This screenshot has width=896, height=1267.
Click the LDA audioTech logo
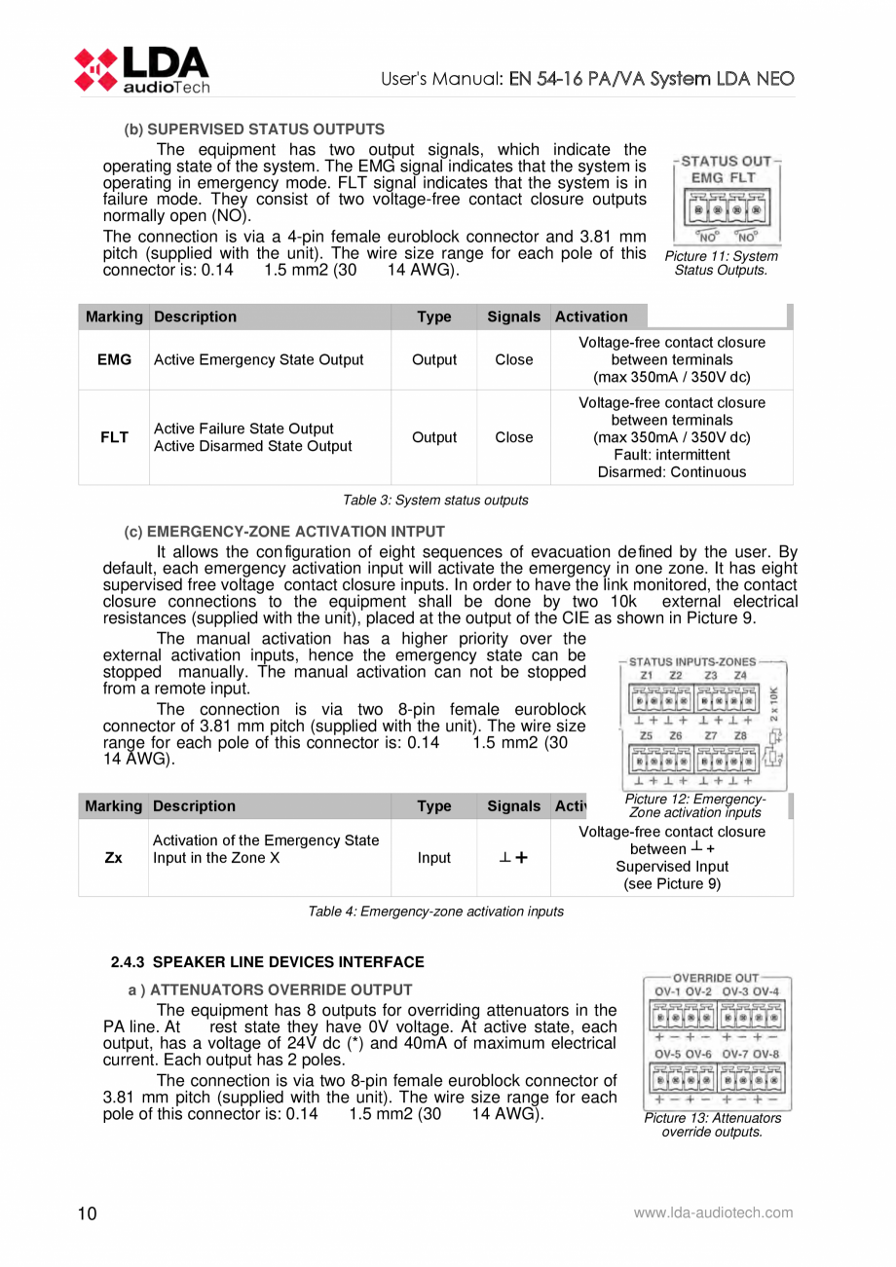[142, 69]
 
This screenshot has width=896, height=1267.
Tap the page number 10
[87, 1213]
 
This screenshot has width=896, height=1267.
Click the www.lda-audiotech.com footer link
[713, 1213]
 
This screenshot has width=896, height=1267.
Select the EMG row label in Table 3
[114, 359]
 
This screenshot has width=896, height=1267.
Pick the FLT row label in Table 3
[114, 437]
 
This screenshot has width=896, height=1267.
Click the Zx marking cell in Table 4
[113, 858]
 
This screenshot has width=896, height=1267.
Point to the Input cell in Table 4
[433, 858]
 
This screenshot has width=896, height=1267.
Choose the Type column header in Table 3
[433, 317]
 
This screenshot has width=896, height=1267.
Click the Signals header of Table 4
[513, 806]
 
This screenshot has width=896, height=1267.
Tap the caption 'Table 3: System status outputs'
[435, 501]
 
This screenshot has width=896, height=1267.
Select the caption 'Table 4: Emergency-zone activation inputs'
[435, 912]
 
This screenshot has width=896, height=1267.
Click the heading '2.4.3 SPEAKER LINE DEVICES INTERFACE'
[268, 962]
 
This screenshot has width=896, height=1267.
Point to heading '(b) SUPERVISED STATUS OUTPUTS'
[254, 129]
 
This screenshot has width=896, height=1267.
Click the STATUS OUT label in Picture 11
[725, 160]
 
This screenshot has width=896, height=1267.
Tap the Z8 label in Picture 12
[741, 736]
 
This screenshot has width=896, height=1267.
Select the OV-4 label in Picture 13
[765, 991]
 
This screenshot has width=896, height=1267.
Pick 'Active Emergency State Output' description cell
[258, 359]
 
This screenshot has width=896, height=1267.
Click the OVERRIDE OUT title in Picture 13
[716, 977]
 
